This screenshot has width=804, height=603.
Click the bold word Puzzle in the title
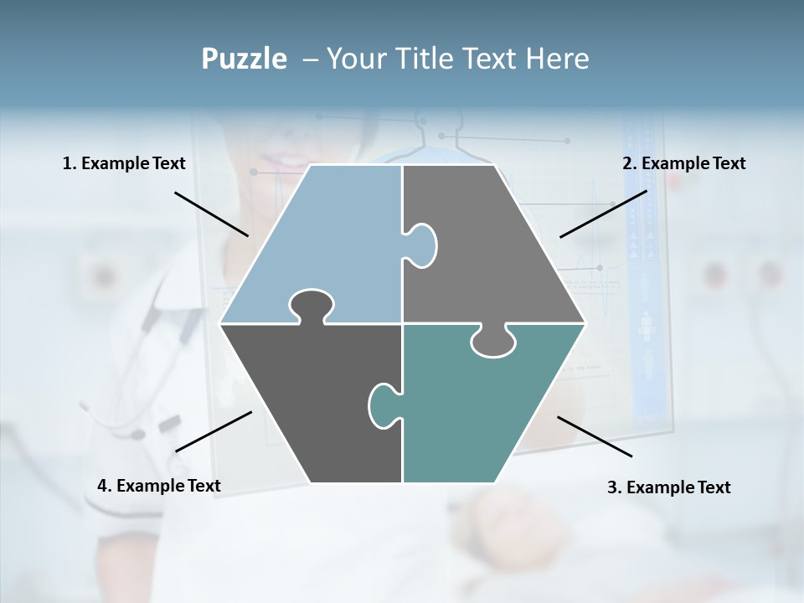click(244, 59)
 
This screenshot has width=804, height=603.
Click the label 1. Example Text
click(124, 163)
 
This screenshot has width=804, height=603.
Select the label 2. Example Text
click(683, 163)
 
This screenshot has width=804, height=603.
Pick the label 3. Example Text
click(668, 487)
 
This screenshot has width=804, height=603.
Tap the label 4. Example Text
click(159, 486)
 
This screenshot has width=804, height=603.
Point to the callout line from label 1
click(211, 214)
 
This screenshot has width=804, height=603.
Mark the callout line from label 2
click(603, 214)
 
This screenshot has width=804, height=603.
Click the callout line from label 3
click(595, 436)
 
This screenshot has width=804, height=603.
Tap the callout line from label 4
click(214, 431)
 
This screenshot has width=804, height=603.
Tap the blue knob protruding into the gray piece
click(421, 245)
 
